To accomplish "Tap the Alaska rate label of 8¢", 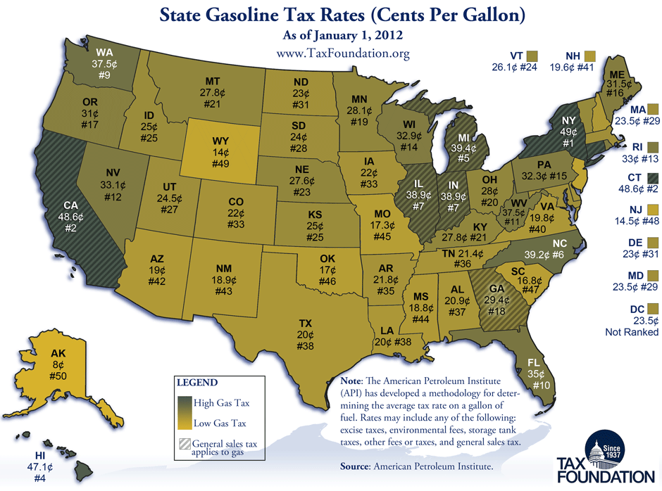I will [58, 366].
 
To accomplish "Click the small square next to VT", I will [532, 56].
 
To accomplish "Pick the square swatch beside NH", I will [590, 56].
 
